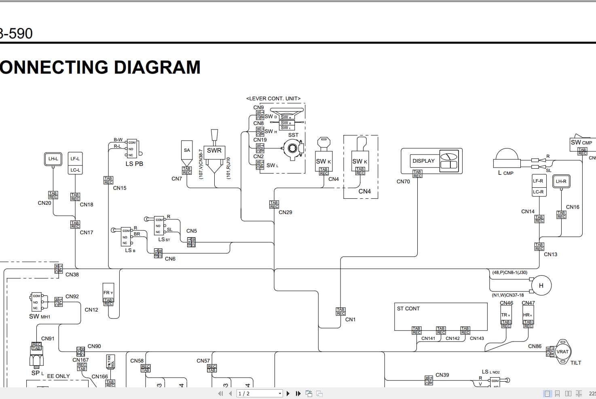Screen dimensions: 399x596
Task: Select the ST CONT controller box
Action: click(440, 316)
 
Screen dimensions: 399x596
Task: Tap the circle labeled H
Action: click(541, 285)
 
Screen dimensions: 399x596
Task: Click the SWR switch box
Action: click(214, 151)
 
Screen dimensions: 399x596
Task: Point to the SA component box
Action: click(186, 150)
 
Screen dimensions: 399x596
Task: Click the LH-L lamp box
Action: click(53, 159)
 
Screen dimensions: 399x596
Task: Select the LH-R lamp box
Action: click(561, 181)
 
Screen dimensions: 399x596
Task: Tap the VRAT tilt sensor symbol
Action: click(562, 351)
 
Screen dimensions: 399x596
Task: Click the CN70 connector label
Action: click(403, 182)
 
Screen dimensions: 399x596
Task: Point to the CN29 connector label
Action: click(285, 212)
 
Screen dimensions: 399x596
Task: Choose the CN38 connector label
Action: click(72, 274)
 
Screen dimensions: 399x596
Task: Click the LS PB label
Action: click(134, 164)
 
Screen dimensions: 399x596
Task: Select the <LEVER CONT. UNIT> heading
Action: click(273, 98)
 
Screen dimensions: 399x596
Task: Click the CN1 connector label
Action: click(350, 319)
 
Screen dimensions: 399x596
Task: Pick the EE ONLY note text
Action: click(58, 376)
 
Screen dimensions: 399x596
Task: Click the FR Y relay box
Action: click(108, 292)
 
